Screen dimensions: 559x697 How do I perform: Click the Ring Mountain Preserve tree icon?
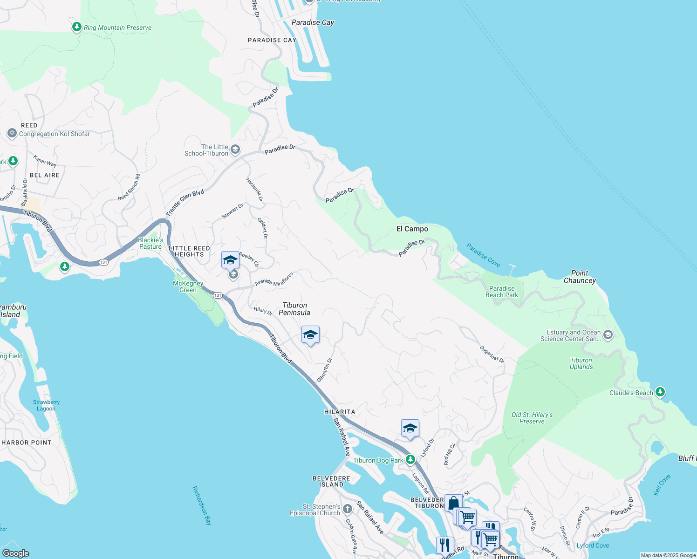click(x=77, y=27)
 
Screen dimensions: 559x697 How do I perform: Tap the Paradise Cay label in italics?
click(x=313, y=22)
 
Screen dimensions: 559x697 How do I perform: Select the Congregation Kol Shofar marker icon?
click(x=12, y=134)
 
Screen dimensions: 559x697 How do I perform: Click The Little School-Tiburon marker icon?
click(x=235, y=150)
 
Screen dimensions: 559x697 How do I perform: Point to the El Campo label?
click(x=412, y=229)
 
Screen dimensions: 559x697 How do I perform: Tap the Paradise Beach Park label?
click(x=502, y=292)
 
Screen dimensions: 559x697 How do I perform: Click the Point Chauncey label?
click(x=580, y=277)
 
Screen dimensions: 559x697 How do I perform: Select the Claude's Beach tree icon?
click(x=660, y=392)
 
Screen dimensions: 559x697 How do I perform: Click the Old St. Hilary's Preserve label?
click(x=532, y=418)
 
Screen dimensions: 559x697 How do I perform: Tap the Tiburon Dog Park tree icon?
click(x=410, y=460)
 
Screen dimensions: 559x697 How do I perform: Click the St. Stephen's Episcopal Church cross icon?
click(x=348, y=509)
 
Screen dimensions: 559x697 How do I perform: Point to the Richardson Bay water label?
click(x=202, y=505)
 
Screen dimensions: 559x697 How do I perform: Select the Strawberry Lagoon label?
click(x=46, y=405)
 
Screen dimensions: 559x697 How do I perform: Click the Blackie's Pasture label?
click(x=150, y=243)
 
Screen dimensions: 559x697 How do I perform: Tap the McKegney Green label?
click(x=188, y=286)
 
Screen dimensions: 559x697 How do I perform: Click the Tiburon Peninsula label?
click(x=294, y=309)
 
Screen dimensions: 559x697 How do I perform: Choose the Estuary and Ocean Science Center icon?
click(x=608, y=335)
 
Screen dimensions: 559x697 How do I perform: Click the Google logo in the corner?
click(x=15, y=553)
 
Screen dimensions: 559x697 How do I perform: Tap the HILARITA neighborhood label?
click(x=340, y=412)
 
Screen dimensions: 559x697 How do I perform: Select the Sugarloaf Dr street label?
click(x=492, y=354)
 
